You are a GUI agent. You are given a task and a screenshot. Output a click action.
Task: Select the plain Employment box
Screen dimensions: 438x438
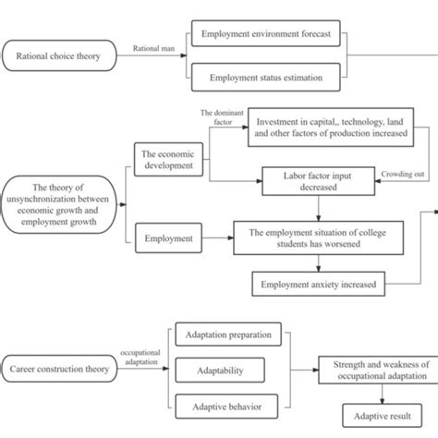click(169, 238)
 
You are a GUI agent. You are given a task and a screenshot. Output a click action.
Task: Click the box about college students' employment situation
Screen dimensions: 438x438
click(318, 238)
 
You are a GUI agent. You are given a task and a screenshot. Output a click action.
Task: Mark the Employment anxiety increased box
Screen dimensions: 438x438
click(318, 284)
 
